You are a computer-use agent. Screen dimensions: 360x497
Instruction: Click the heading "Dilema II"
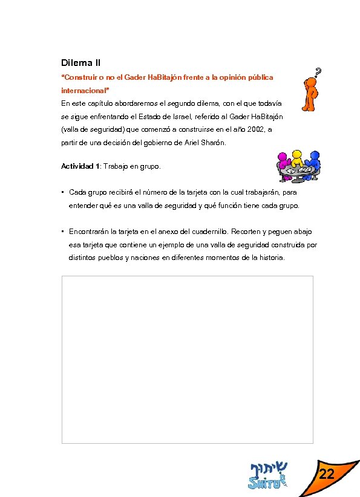click(81, 62)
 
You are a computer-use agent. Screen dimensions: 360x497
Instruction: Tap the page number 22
click(327, 475)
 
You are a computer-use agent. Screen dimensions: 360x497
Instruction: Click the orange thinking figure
click(309, 96)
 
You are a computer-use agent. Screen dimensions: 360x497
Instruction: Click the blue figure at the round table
click(313, 161)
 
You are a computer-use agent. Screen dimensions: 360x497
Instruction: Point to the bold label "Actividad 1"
click(80, 166)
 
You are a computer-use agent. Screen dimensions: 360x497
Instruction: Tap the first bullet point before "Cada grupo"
click(63, 192)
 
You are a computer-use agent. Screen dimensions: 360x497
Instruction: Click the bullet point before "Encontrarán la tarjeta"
click(63, 232)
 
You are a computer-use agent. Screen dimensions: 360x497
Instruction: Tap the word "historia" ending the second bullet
click(269, 258)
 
